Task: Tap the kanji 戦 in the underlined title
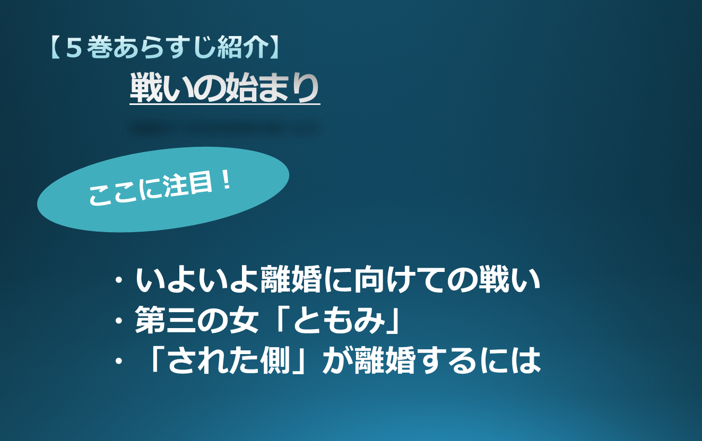tap(146, 87)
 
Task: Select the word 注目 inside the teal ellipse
tap(188, 186)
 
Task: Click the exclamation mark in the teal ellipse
tap(226, 181)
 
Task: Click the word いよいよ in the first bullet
tap(197, 279)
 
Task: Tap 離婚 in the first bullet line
tap(291, 279)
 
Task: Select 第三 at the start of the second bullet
tap(166, 320)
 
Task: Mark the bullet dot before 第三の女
tap(119, 320)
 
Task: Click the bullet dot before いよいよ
tap(119, 279)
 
